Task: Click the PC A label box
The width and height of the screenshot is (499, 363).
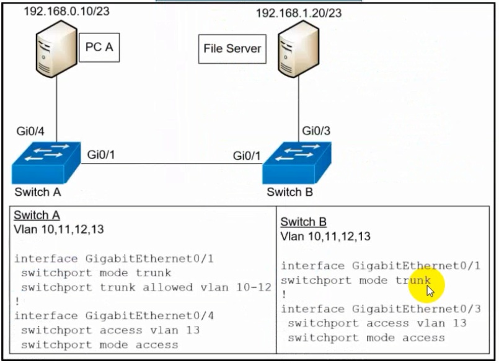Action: click(x=99, y=47)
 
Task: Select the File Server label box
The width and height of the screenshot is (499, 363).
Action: click(x=232, y=48)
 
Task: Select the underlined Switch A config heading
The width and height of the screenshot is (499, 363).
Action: click(x=37, y=216)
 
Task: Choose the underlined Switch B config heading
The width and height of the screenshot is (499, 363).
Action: click(x=303, y=222)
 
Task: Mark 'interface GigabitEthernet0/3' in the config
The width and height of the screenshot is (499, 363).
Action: click(x=381, y=309)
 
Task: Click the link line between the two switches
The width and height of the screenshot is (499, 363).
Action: click(x=170, y=164)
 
